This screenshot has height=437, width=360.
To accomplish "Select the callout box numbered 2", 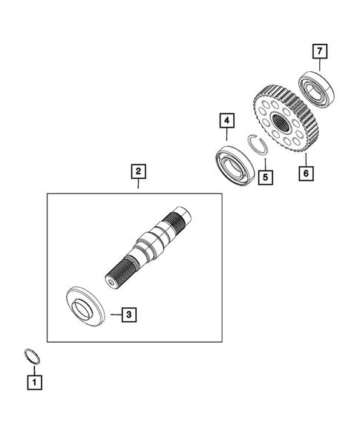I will [137, 171].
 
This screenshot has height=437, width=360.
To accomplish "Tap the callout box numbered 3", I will [128, 315].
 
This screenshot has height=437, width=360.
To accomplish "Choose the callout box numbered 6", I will [304, 174].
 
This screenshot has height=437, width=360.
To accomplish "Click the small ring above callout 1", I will [30, 355].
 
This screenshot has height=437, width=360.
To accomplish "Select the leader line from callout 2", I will [137, 186].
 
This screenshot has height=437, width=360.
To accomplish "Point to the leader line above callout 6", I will [304, 160].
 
